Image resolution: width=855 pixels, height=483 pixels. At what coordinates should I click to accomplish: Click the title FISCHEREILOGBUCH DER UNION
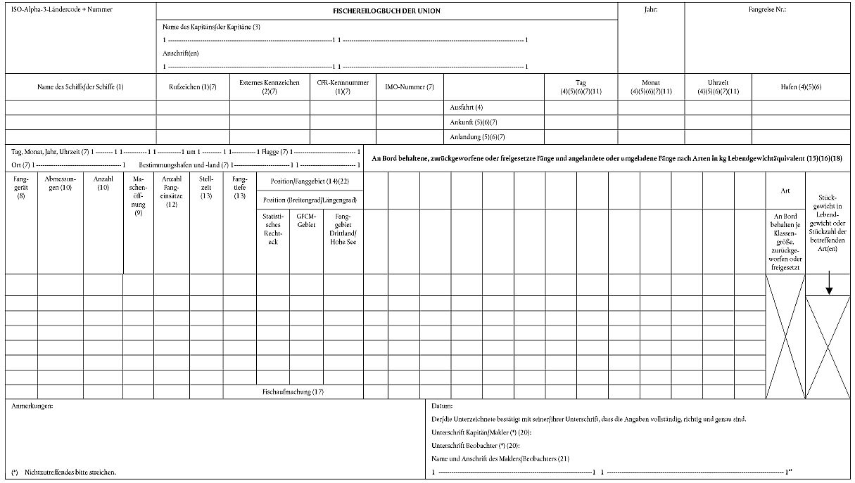386,11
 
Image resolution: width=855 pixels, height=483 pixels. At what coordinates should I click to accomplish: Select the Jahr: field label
651,11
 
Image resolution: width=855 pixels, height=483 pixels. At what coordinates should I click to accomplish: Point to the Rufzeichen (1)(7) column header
192,86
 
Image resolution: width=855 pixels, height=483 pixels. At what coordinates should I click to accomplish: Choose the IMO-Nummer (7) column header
410,86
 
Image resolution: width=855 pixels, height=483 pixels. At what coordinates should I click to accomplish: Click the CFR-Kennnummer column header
343,86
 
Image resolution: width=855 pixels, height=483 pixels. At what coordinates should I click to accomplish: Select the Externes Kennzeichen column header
270,86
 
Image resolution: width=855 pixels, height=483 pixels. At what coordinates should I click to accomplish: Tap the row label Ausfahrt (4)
466,108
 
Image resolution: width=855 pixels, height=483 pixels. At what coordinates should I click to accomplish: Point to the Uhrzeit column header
718,86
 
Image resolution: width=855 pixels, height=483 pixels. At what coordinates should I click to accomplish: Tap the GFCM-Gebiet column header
306,220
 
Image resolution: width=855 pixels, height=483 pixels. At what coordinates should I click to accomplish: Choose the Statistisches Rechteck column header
272,228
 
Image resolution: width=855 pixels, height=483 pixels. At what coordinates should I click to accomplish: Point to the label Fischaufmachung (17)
293,391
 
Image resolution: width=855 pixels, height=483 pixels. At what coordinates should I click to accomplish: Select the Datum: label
442,406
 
